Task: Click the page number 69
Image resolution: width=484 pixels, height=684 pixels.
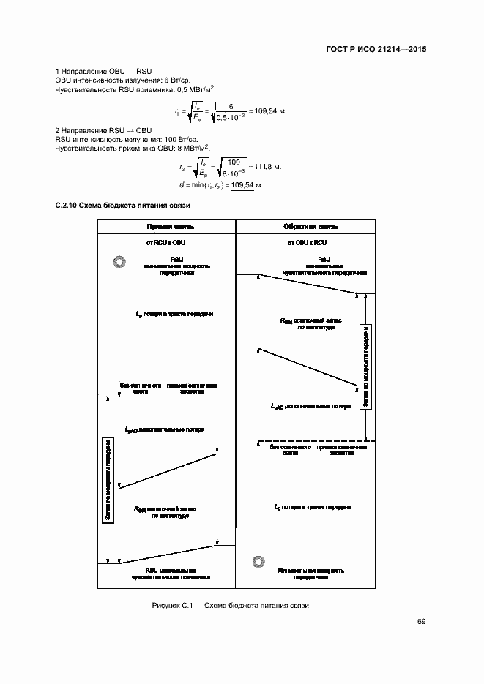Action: pos(421,622)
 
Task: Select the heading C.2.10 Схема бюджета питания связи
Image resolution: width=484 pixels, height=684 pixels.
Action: pos(122,206)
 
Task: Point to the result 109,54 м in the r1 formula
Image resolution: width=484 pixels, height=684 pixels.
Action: pos(267,110)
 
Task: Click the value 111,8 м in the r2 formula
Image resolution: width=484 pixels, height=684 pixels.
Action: pos(267,168)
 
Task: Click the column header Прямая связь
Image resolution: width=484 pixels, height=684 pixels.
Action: pos(167,227)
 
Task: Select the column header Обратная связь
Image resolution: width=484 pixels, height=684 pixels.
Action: pos(305,227)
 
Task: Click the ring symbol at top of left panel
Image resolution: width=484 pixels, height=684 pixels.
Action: pos(117,263)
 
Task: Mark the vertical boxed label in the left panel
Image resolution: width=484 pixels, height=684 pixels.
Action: pos(108,480)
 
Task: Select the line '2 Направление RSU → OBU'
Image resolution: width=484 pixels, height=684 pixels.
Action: pos(98,130)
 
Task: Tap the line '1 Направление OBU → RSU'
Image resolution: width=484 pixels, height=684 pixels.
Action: pos(98,70)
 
